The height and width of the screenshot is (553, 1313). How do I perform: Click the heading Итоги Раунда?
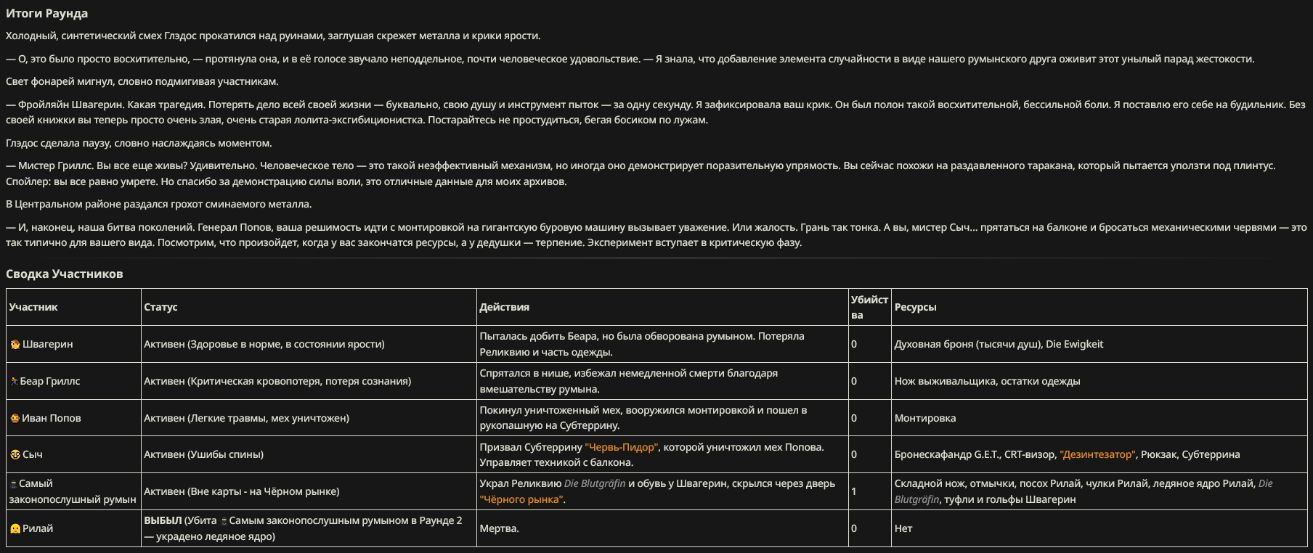tap(46, 14)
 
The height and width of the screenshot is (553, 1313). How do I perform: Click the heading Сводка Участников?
tap(64, 274)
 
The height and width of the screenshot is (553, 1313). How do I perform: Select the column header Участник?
tap(33, 307)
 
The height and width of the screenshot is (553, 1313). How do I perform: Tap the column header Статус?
tap(160, 307)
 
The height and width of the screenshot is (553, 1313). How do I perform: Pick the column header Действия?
tap(504, 307)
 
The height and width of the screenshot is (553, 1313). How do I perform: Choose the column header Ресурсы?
tap(915, 307)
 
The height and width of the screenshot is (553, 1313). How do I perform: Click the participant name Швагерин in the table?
tap(47, 344)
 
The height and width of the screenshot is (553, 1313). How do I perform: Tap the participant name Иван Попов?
tap(51, 418)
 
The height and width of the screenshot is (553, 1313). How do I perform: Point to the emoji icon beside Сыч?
tap(15, 455)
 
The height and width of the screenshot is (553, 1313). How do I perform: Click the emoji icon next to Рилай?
tap(15, 529)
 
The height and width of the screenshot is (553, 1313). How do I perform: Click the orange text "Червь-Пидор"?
tap(621, 447)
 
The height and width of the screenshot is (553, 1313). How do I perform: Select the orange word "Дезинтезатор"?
tap(1097, 454)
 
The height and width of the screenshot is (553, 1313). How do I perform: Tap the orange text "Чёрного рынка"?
tap(521, 499)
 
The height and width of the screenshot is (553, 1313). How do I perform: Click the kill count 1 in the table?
tap(854, 491)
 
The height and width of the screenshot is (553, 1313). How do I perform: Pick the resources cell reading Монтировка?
tap(924, 418)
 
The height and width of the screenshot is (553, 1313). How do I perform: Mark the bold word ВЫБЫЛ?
tap(162, 520)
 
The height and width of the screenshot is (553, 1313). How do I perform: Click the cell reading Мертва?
tap(499, 528)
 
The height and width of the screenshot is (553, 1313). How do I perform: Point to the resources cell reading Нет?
tap(903, 528)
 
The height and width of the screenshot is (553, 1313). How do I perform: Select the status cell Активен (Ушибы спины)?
tap(203, 454)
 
